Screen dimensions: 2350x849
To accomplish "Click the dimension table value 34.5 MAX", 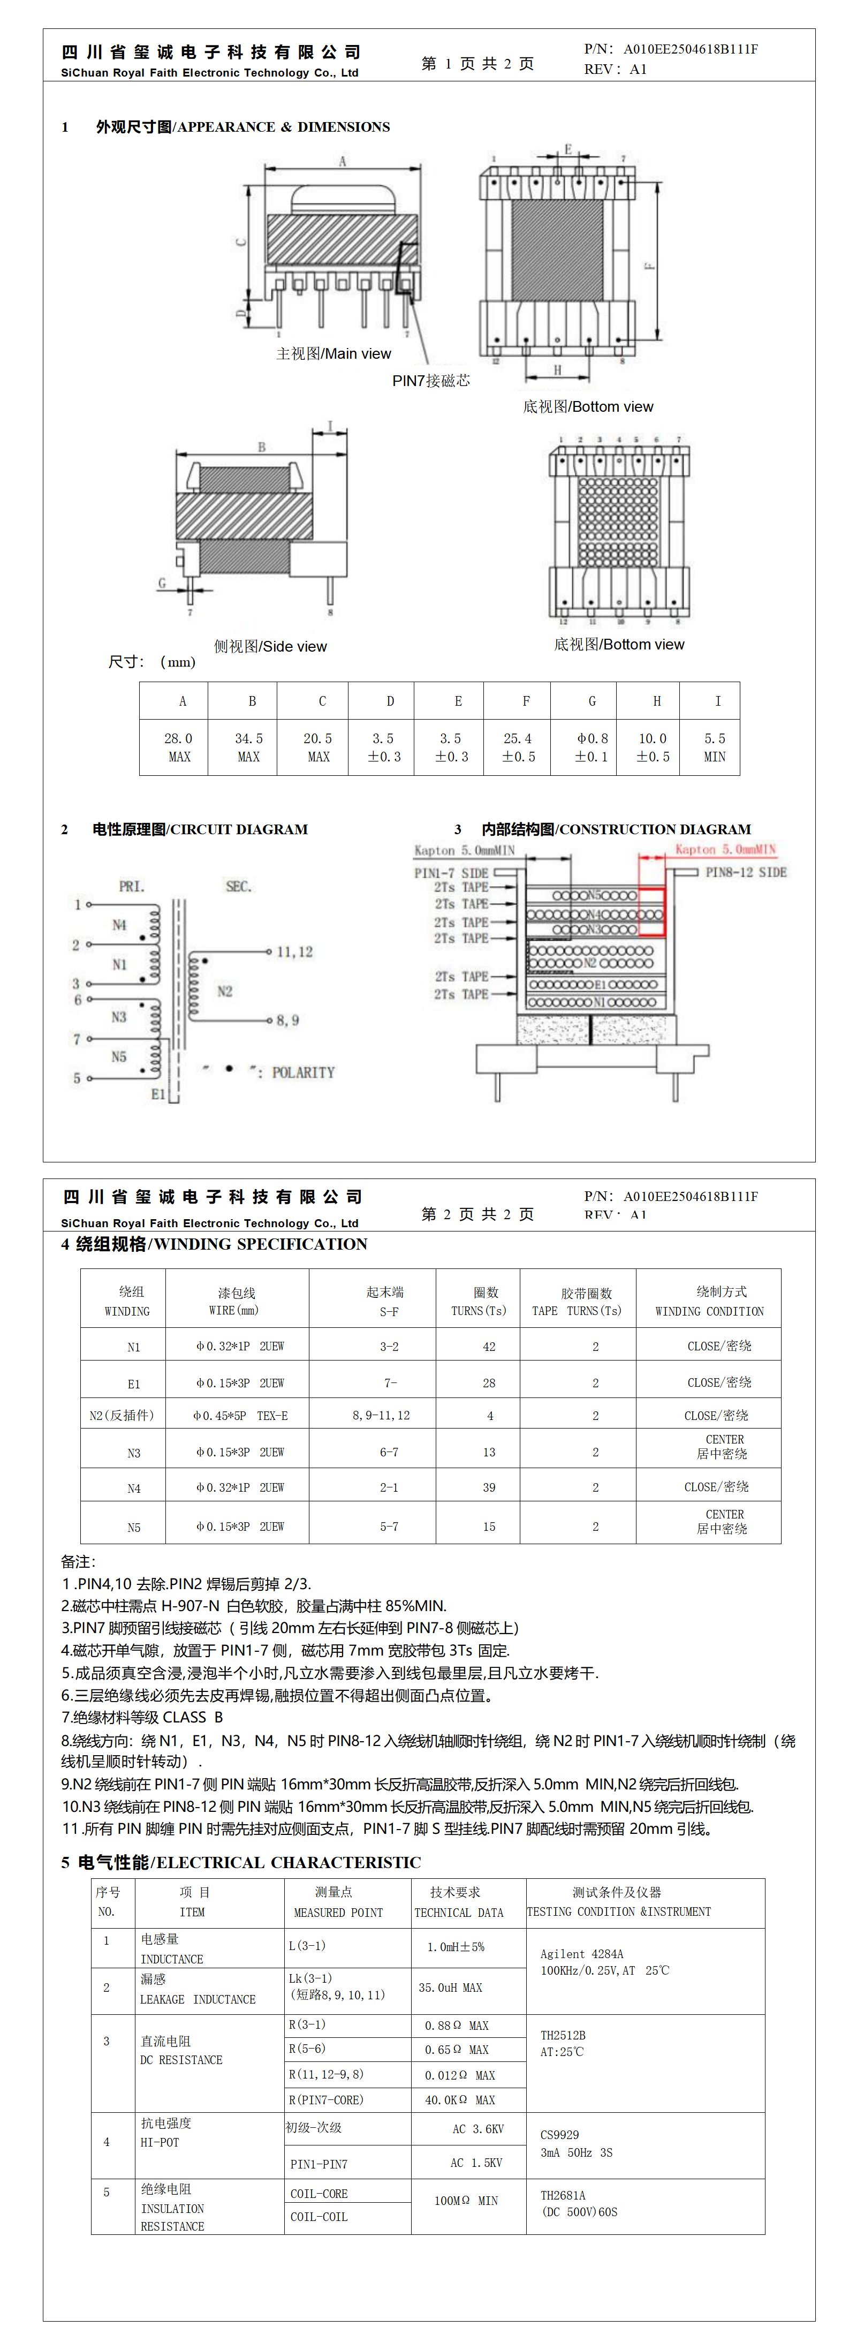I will click(249, 747).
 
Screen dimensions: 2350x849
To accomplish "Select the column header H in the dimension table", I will click(657, 701).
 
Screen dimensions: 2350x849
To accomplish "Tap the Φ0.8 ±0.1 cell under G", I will click(592, 747).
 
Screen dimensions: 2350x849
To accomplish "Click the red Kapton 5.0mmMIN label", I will click(725, 849).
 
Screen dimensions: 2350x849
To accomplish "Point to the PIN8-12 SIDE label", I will click(745, 872).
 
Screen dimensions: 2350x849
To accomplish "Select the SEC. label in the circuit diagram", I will click(238, 887).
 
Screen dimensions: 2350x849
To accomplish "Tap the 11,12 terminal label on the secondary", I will click(294, 951).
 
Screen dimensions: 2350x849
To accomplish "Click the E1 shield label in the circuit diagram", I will click(158, 1094).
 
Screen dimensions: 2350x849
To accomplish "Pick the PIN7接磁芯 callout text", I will click(431, 380).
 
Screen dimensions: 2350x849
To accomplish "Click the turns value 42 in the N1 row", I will click(489, 1347).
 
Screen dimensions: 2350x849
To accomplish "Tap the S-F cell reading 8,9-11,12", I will click(381, 1416).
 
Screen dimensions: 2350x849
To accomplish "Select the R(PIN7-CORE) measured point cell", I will click(325, 2100).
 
